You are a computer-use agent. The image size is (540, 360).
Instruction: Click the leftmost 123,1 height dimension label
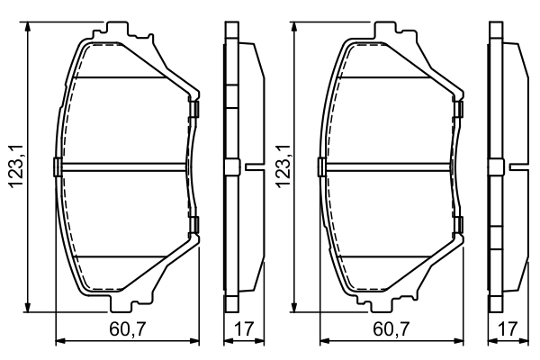point(13,166)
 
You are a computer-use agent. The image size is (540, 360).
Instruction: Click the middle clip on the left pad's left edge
point(57,166)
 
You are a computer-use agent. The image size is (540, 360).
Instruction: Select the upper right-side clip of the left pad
point(193,110)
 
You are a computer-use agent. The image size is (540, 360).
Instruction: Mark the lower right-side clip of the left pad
point(193,223)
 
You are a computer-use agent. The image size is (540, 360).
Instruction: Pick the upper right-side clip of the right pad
point(460,110)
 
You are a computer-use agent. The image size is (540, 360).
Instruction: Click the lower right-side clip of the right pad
point(460,223)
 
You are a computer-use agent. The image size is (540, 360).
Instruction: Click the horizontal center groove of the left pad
point(126,166)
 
